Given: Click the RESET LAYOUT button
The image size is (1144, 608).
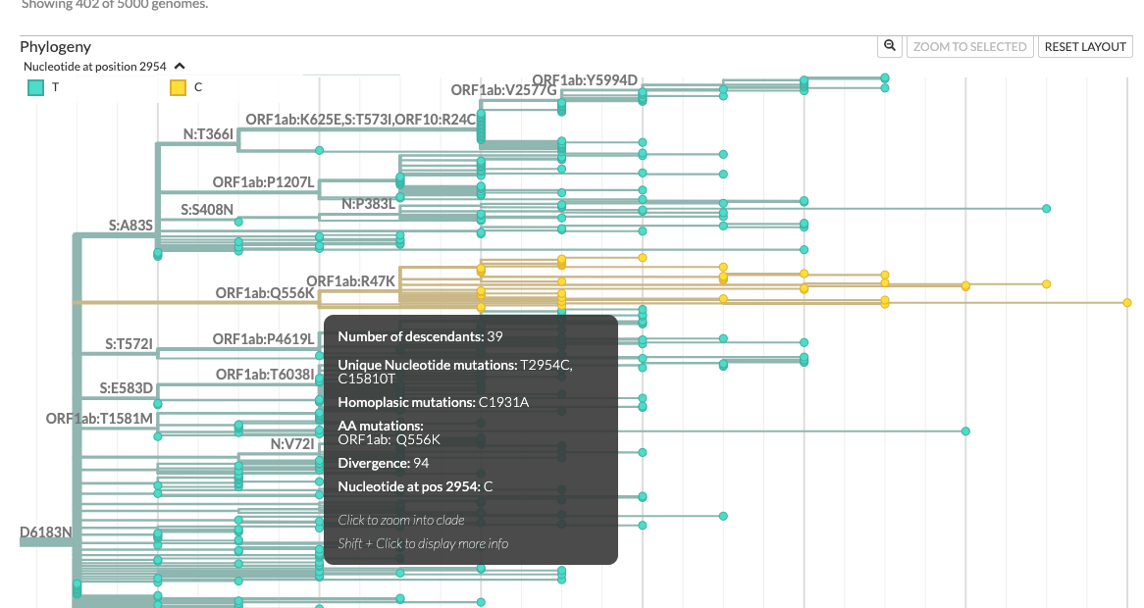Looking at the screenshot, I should coord(1085,46).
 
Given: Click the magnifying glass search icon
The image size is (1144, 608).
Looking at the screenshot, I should coord(889,46).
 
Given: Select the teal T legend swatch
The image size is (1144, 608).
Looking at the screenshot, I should coord(35,87).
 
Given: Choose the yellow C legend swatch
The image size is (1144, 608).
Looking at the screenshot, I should coord(178,87).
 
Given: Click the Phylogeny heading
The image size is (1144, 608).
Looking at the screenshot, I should coord(55,46).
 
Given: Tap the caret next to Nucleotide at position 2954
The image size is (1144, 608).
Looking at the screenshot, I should coord(180,67).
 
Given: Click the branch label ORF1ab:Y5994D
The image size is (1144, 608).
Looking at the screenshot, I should coord(585,80).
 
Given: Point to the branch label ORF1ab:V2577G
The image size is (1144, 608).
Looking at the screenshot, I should coord(503,90).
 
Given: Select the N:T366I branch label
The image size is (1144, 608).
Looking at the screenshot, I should coord(208,134).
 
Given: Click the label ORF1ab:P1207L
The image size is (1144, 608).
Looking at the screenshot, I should coord(263,182).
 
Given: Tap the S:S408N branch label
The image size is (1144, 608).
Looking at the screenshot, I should coord(207,209).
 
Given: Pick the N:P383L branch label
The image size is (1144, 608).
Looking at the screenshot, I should coord(368,204).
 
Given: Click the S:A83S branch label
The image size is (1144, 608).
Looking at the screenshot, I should coord(130,226).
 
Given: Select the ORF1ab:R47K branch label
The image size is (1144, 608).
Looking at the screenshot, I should coord(350,281).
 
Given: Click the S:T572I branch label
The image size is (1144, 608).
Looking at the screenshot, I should coord(129,344).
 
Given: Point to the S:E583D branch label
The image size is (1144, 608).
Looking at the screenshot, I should coord(126,388).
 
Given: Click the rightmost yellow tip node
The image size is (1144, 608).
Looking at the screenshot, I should coord(1127,303).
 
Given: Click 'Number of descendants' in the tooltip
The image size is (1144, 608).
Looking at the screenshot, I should coord(410,336).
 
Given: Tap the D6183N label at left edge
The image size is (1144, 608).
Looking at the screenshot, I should coord(45,532).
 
